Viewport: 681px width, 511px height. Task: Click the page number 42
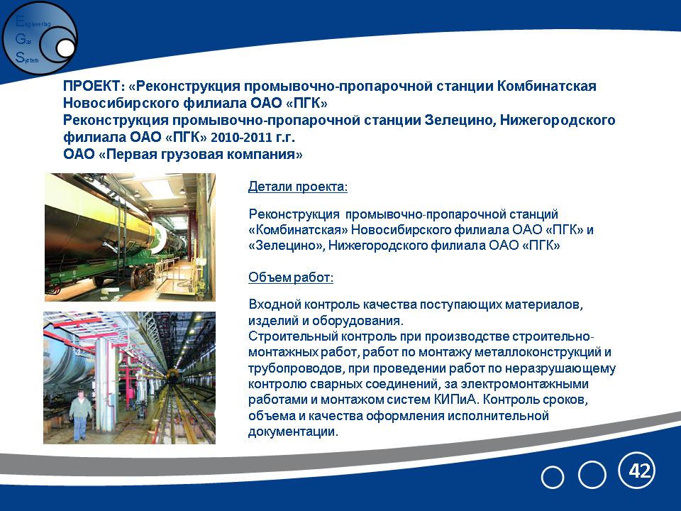640,471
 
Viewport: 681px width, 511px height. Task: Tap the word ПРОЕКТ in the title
92,86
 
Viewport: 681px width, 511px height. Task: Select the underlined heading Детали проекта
298,187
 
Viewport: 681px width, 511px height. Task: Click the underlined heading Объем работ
291,278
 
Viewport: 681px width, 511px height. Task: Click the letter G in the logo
20,39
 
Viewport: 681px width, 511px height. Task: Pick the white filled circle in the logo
65,49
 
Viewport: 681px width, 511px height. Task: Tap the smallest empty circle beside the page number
553,477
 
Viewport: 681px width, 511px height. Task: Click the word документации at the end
293,432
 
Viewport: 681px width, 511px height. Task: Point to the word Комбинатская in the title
546,86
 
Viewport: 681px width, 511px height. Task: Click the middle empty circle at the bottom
592,475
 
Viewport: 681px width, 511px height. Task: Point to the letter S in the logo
20,57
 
